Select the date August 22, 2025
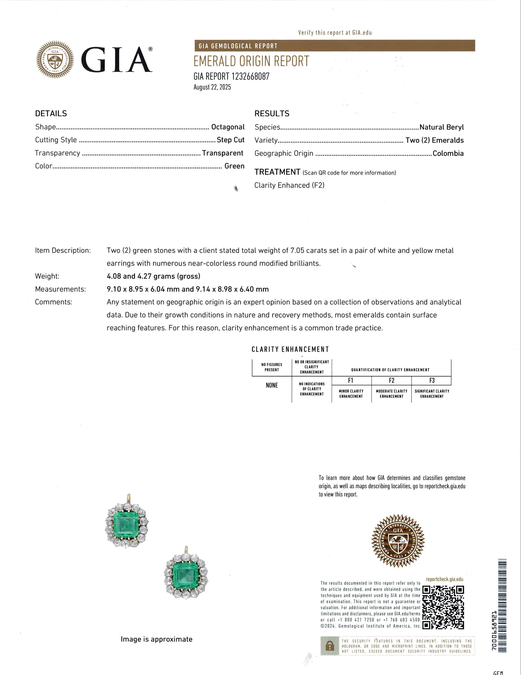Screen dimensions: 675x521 pos(212,87)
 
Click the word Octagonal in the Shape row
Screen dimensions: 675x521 pos(228,127)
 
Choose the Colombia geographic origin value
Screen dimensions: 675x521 pos(448,153)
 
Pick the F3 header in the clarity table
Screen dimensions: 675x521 pos(432,380)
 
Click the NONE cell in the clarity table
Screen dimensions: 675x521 pos(272,385)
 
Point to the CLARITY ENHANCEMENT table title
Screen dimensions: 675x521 pos(290,349)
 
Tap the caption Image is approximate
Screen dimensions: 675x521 pos(156,639)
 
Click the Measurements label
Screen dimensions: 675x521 pos(60,289)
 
